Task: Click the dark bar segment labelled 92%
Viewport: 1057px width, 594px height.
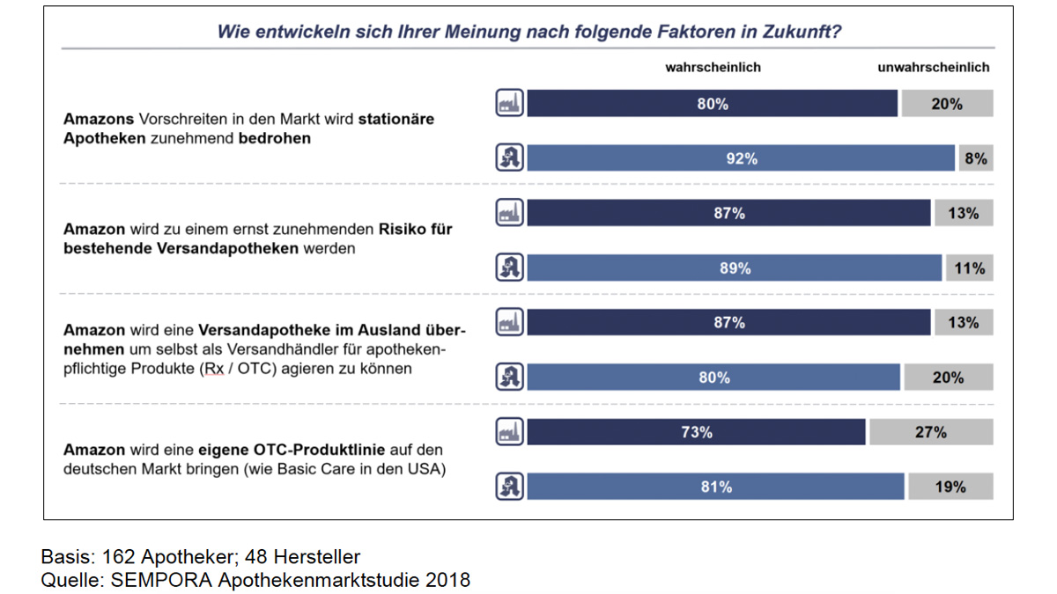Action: point(741,158)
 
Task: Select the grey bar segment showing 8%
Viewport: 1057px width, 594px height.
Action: point(976,158)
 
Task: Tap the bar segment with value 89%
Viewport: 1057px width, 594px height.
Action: point(735,268)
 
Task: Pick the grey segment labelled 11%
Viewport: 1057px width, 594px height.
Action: point(969,268)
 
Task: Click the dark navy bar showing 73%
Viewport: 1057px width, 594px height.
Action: point(696,432)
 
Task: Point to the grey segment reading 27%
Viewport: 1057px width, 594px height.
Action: point(931,432)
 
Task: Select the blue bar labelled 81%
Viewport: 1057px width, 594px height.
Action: point(715,487)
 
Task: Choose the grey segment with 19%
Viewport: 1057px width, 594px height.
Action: point(950,487)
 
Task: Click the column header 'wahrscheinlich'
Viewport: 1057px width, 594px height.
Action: point(713,67)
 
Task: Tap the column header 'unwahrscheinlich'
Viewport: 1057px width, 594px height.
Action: point(934,67)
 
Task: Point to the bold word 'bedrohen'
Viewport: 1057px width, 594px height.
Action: point(275,138)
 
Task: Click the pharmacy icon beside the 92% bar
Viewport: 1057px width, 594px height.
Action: point(510,158)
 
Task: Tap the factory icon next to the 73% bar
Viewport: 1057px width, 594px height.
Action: point(510,432)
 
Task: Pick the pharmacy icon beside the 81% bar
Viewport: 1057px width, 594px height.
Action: point(510,487)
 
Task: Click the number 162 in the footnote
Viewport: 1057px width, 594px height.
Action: point(118,557)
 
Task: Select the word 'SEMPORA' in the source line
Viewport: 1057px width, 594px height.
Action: point(154,581)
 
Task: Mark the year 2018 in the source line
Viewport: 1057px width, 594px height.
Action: point(448,581)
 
